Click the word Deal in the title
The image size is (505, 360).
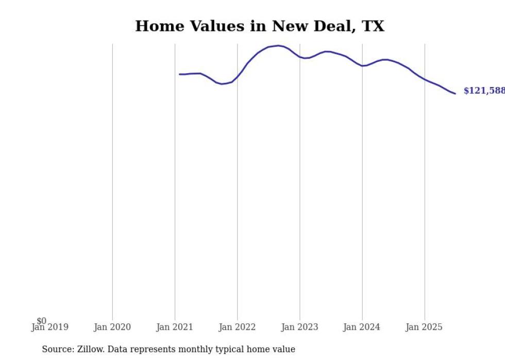click(x=327, y=26)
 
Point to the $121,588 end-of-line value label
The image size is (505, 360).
click(x=484, y=91)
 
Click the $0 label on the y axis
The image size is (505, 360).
click(x=41, y=321)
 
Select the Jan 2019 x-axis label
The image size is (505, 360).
click(x=49, y=327)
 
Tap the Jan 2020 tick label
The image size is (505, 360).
click(x=112, y=327)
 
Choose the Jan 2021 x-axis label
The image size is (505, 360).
click(x=175, y=327)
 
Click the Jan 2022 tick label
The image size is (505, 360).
click(x=237, y=327)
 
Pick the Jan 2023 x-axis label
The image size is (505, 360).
click(x=300, y=327)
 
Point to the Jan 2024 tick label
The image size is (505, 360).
click(x=362, y=327)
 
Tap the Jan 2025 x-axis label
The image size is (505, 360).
click(x=425, y=327)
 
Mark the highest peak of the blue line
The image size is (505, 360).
click(x=278, y=45)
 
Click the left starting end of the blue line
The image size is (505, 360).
click(x=180, y=74)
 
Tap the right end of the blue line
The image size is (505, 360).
click(x=455, y=93)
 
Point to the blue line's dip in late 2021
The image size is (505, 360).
click(x=222, y=83)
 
